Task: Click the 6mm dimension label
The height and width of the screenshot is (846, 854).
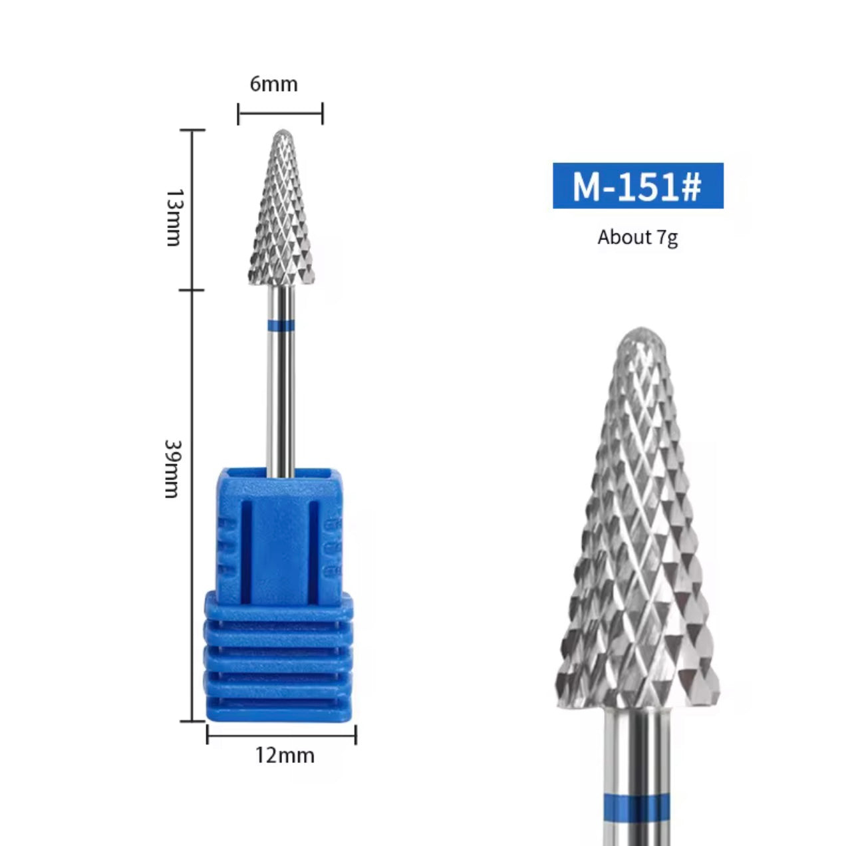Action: (x=273, y=84)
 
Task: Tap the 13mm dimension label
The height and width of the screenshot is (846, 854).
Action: (x=174, y=217)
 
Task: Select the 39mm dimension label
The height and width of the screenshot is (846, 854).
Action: (x=172, y=468)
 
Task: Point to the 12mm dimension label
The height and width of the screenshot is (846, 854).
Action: (x=284, y=756)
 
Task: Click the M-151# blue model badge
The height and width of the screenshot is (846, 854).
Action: (x=637, y=186)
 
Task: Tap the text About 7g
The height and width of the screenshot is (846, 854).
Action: (x=637, y=237)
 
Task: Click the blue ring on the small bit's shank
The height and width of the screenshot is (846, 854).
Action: (x=281, y=325)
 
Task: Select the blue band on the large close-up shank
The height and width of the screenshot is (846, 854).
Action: (x=637, y=807)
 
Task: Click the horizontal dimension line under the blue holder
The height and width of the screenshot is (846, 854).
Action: (x=281, y=734)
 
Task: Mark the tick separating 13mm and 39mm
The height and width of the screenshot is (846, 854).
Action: (x=192, y=290)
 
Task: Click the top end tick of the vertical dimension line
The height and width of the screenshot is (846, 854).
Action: (x=192, y=130)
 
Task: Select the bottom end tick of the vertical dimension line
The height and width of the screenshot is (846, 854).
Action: (x=192, y=720)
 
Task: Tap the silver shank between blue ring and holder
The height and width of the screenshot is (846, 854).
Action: (x=281, y=399)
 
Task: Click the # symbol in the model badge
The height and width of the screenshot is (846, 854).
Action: (x=690, y=186)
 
